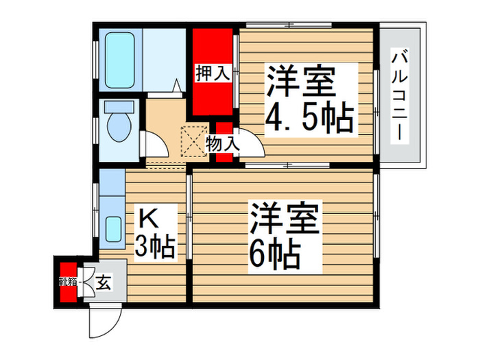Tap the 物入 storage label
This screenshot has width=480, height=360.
223,144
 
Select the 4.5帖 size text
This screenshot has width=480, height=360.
309,118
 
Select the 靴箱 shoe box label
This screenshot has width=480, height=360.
67,280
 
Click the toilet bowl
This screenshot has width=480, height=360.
119,127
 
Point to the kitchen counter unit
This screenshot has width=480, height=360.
110,208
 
